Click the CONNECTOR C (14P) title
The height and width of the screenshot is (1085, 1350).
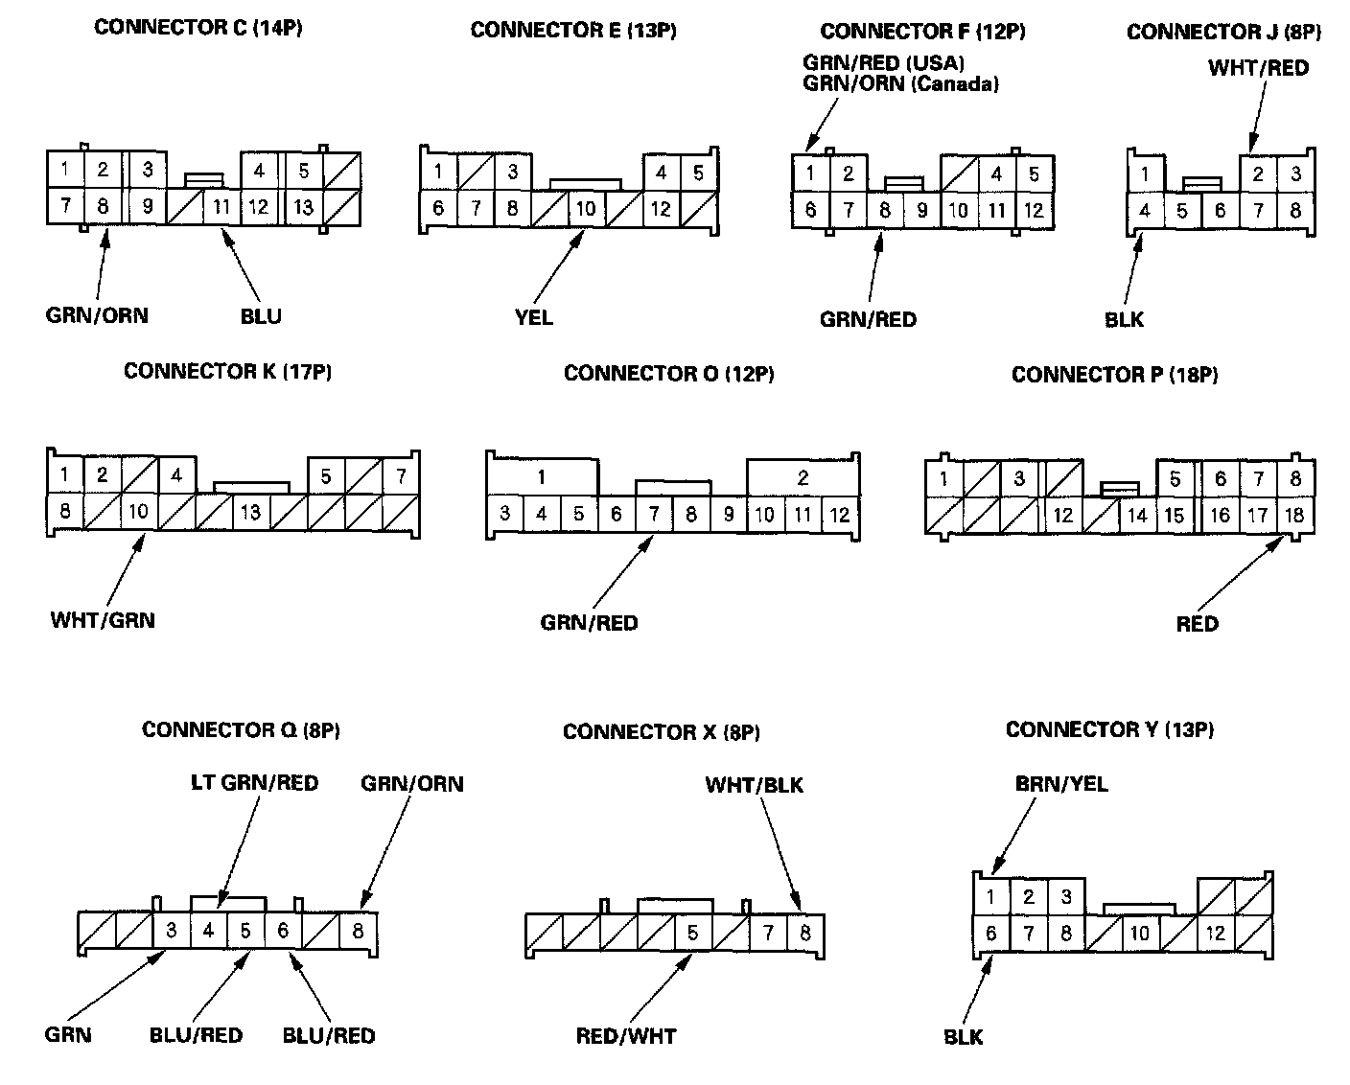pyautogui.click(x=198, y=28)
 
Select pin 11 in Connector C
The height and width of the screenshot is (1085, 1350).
pyautogui.click(x=221, y=206)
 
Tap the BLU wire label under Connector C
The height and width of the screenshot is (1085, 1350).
pyautogui.click(x=261, y=315)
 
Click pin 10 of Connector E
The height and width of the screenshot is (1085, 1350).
pyautogui.click(x=586, y=209)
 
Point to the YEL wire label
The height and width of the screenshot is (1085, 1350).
pyautogui.click(x=533, y=316)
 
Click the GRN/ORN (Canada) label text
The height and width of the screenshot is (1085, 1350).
pyautogui.click(x=900, y=84)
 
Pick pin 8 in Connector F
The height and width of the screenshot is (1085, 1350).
pyautogui.click(x=885, y=209)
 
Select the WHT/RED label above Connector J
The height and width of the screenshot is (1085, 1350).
pyautogui.click(x=1258, y=68)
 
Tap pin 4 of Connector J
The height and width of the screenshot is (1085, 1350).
pyautogui.click(x=1145, y=210)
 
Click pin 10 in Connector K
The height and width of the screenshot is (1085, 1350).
pyautogui.click(x=139, y=512)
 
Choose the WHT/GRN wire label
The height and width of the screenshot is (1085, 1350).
pyautogui.click(x=103, y=620)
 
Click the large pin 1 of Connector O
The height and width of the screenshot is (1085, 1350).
pyautogui.click(x=542, y=477)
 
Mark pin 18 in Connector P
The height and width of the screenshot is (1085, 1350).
pyautogui.click(x=1293, y=515)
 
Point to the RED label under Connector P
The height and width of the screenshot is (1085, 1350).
pyautogui.click(x=1197, y=624)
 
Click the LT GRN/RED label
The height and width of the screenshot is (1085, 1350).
pyautogui.click(x=253, y=783)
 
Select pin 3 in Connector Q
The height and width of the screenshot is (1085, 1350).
pyautogui.click(x=172, y=931)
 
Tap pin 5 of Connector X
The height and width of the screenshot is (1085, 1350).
pyautogui.click(x=692, y=933)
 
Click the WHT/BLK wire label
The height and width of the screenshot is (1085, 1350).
pyautogui.click(x=754, y=786)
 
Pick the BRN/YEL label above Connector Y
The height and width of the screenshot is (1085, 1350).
pyautogui.click(x=1060, y=784)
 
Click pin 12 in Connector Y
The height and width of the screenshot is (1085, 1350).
pyautogui.click(x=1215, y=933)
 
